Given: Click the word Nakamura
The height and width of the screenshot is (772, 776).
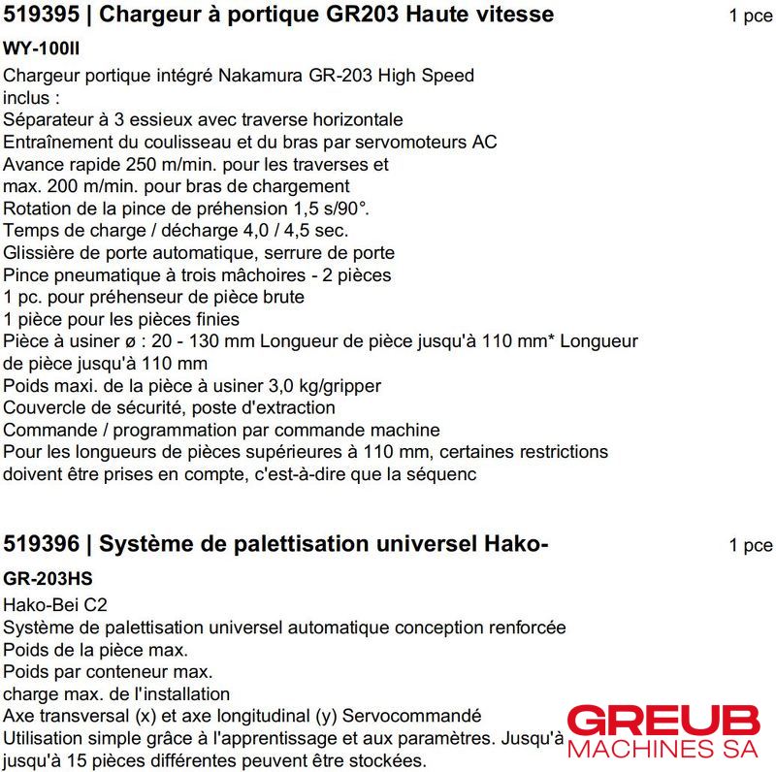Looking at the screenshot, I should pyautogui.click(x=256, y=76).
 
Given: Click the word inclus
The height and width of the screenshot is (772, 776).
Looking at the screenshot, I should pyautogui.click(x=28, y=98).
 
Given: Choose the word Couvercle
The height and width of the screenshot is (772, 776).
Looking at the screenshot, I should pyautogui.click(x=44, y=408).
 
